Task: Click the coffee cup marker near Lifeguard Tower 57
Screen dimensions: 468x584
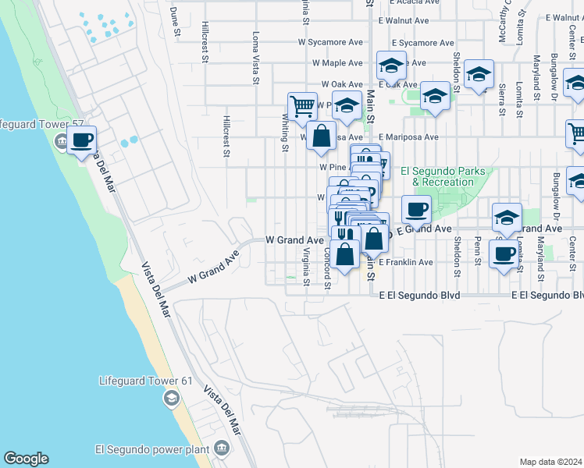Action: coord(81,140)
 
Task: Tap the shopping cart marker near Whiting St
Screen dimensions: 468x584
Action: coord(301,105)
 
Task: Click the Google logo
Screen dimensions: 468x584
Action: coord(26,459)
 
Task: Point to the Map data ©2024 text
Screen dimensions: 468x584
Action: coord(551,462)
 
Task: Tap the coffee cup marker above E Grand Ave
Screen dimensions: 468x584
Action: coord(416,208)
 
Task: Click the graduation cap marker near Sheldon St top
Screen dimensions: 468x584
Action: coord(478,75)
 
